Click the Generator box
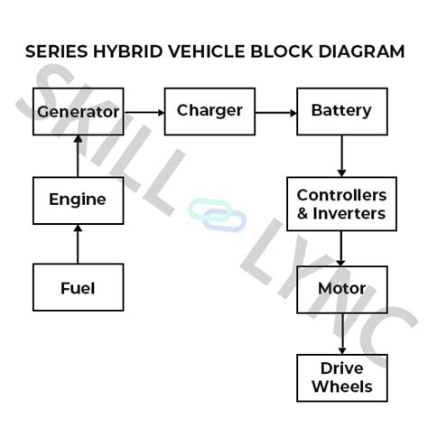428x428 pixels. click(x=78, y=112)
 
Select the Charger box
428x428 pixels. click(x=209, y=111)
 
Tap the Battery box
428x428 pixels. click(x=341, y=111)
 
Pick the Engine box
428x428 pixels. click(x=78, y=200)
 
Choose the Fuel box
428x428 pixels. click(x=78, y=288)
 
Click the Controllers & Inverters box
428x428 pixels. click(x=341, y=205)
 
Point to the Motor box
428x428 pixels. click(x=341, y=289)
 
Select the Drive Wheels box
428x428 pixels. click(x=341, y=377)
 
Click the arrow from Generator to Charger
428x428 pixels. click(x=144, y=112)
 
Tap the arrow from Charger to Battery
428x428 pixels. click(x=275, y=112)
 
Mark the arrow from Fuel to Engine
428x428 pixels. click(x=78, y=244)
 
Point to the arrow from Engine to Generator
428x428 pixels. click(x=78, y=155)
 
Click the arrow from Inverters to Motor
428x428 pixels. click(x=341, y=248)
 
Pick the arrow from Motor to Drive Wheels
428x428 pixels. click(x=341, y=333)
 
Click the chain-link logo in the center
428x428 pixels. click(x=217, y=215)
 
